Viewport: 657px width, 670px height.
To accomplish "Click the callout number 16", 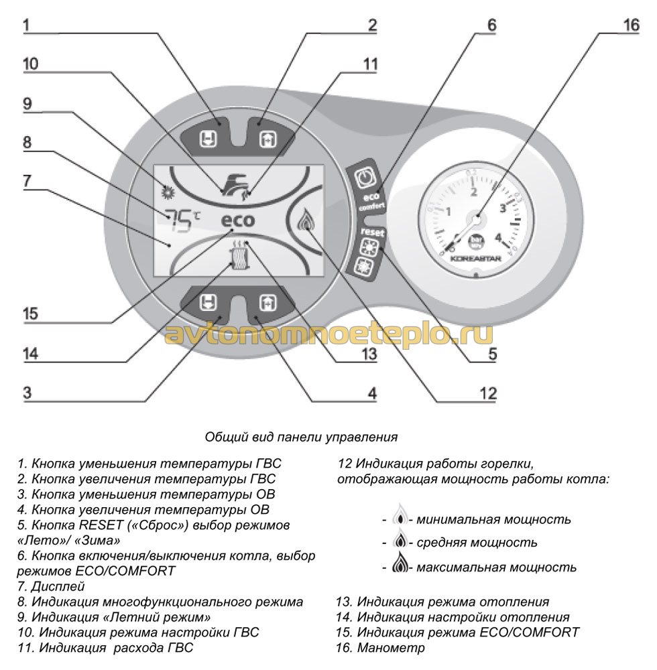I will click(x=631, y=25).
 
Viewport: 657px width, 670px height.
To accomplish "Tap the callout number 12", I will click(x=488, y=393).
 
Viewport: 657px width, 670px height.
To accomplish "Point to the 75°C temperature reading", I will click(x=182, y=218).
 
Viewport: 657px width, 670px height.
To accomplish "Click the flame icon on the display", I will click(x=306, y=220).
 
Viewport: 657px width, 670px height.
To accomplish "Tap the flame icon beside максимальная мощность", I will click(x=400, y=566).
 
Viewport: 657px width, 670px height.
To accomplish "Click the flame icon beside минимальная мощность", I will click(x=400, y=518).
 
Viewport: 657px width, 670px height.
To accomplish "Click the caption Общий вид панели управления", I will click(x=301, y=437).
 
